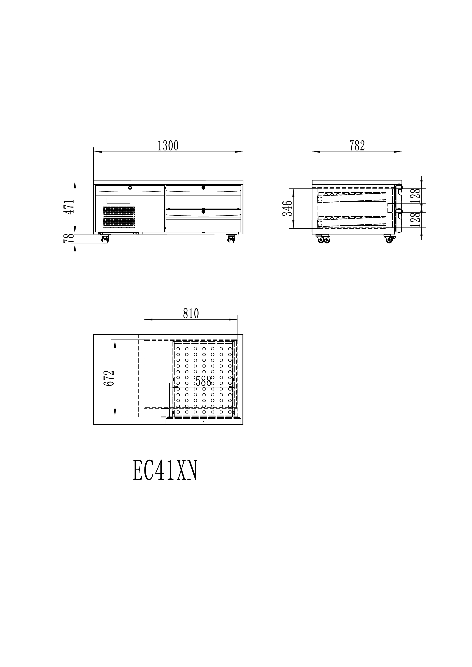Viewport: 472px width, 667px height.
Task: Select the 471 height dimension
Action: point(69,207)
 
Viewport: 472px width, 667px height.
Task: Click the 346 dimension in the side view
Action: point(287,208)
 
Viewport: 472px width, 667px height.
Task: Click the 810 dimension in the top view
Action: point(191,313)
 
